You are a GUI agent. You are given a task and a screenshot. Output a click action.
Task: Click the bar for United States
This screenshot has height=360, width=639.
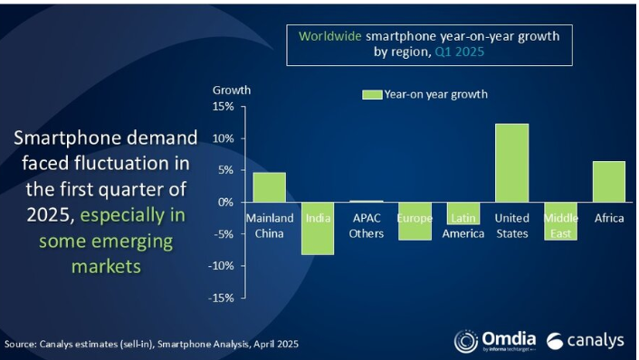click(511, 163)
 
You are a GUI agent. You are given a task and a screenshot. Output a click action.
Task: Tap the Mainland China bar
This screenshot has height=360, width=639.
click(269, 187)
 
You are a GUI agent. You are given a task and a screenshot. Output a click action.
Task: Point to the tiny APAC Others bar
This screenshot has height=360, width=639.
click(366, 201)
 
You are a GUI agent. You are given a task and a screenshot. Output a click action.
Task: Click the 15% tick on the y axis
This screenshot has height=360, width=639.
click(224, 107)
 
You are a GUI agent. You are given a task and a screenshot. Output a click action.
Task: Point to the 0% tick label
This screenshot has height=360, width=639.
click(225, 202)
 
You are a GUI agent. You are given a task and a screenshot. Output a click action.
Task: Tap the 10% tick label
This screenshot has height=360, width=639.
click(224, 138)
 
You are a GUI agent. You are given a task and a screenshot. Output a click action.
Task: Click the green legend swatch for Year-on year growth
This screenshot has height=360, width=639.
click(371, 94)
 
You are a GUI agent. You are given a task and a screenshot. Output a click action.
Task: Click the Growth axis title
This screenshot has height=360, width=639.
click(232, 90)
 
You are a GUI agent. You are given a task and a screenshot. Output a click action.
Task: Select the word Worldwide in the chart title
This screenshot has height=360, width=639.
click(331, 35)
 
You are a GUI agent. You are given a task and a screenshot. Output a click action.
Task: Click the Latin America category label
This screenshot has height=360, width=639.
click(463, 226)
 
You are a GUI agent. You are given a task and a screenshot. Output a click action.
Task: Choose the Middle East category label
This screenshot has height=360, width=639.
click(560, 226)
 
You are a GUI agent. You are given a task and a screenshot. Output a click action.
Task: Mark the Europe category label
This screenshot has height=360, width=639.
click(415, 219)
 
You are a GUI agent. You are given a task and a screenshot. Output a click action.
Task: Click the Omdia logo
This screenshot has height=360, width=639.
click(493, 341)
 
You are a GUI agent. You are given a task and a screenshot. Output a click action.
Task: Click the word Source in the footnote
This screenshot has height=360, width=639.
click(21, 344)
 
